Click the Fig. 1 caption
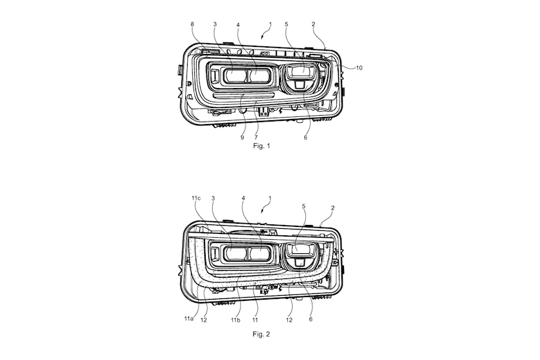[262, 146]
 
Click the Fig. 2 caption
[261, 334]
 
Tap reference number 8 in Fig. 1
[192, 24]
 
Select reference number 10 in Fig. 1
[359, 68]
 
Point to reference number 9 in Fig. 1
[242, 137]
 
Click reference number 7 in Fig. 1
[256, 137]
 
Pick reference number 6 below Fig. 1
[305, 137]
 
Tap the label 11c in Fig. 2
[196, 198]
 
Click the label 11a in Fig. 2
[188, 319]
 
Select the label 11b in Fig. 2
[235, 319]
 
